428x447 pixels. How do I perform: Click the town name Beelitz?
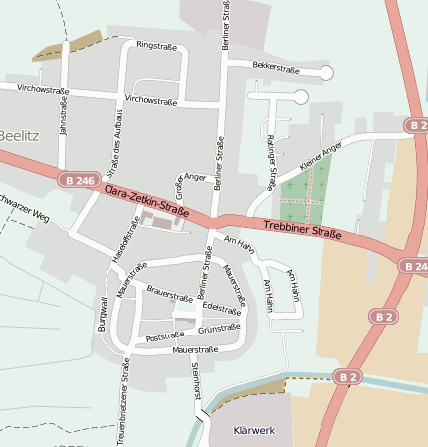(18, 135)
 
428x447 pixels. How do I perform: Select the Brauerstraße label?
(169, 296)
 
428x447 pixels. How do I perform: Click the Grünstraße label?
(219, 328)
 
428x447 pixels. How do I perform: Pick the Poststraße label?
(166, 338)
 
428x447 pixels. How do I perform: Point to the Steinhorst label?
(196, 381)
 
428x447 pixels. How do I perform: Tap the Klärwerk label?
(252, 431)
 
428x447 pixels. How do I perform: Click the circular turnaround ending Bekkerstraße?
(326, 72)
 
